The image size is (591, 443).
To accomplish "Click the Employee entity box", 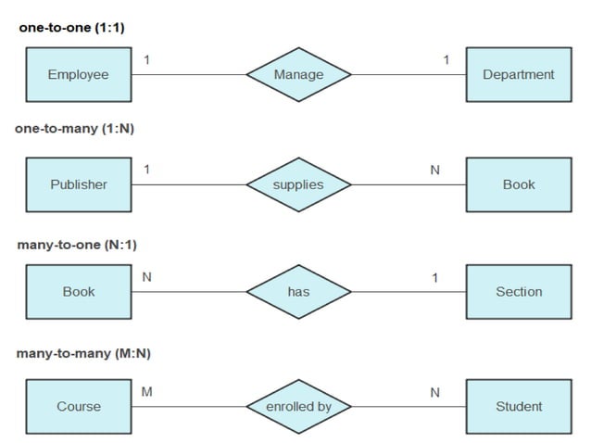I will click(79, 74).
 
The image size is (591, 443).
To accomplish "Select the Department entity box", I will click(518, 74).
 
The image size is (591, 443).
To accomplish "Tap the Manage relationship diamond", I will click(298, 74).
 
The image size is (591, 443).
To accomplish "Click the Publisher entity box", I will click(79, 184).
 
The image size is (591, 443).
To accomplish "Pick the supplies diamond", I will click(298, 184).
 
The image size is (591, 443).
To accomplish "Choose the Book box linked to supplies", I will click(518, 184).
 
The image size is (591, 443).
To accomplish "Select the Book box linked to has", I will click(79, 292).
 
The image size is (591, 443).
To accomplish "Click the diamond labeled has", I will click(298, 292).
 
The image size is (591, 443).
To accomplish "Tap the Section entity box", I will click(518, 292).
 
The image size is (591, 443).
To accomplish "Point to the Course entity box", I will click(79, 406).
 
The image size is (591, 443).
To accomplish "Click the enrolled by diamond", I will click(298, 406).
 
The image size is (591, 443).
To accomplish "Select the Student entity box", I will click(518, 406).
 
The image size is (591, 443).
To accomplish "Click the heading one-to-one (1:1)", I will click(71, 28).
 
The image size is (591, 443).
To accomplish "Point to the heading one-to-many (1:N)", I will click(74, 129).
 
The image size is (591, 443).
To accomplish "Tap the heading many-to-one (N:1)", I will click(77, 245).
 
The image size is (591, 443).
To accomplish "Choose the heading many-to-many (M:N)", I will click(83, 353).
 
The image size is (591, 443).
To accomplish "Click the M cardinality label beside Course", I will click(146, 392).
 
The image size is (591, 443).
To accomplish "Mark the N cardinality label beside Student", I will click(434, 393).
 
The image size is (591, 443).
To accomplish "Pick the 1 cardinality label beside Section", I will click(435, 278).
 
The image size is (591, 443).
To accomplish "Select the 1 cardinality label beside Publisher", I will click(146, 169).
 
